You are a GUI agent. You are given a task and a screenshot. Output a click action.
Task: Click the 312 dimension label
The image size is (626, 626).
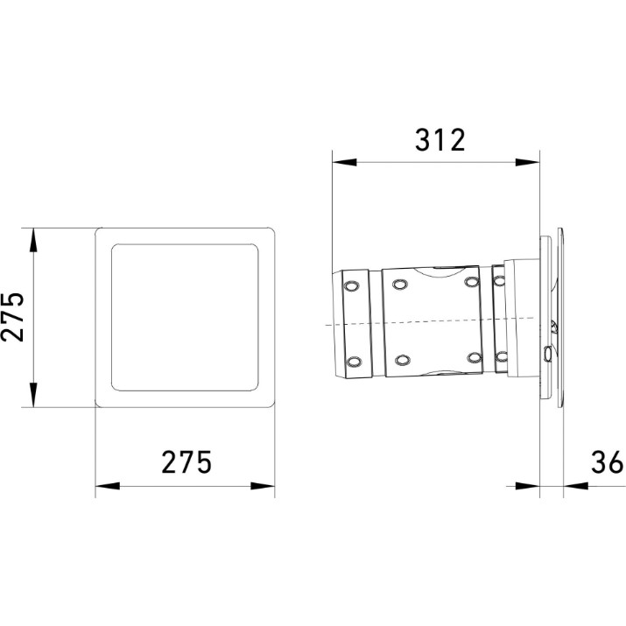440,140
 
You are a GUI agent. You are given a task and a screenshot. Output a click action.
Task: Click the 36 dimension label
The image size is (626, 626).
607,462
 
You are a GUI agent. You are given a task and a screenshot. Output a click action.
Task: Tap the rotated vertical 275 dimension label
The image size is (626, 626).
12,318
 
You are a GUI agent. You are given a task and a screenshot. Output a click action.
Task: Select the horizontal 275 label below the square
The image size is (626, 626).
186,462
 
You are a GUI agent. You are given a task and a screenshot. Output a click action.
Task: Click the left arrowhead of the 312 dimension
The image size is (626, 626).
344,163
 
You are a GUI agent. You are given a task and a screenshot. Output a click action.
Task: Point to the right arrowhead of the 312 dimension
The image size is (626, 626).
527,163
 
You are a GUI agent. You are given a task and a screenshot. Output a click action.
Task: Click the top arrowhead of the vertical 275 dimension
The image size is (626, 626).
33,240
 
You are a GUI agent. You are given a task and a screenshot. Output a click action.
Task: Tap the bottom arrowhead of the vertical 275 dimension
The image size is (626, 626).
33,395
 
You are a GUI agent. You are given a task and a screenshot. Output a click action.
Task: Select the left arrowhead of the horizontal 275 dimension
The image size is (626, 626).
108,486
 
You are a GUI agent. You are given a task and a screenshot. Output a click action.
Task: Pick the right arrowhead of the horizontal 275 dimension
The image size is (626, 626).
263,486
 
